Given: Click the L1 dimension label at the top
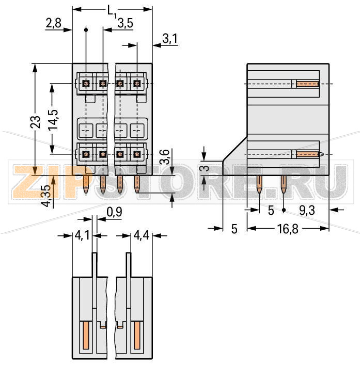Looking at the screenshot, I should tap(113, 11).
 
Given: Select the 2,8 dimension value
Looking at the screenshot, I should tap(54, 23).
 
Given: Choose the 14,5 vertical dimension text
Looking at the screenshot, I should tap(52, 119).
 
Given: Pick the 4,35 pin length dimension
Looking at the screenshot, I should tap(46, 196).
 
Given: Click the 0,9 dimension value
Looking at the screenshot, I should tap(114, 212).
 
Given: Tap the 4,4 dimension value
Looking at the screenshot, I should tap(141, 236).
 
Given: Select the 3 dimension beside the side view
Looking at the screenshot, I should tap(205, 168).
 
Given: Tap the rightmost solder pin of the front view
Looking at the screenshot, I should tap(137, 184).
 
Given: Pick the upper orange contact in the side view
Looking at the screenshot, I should tap(307, 84).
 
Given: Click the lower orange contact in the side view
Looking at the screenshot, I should tap(308, 154).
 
